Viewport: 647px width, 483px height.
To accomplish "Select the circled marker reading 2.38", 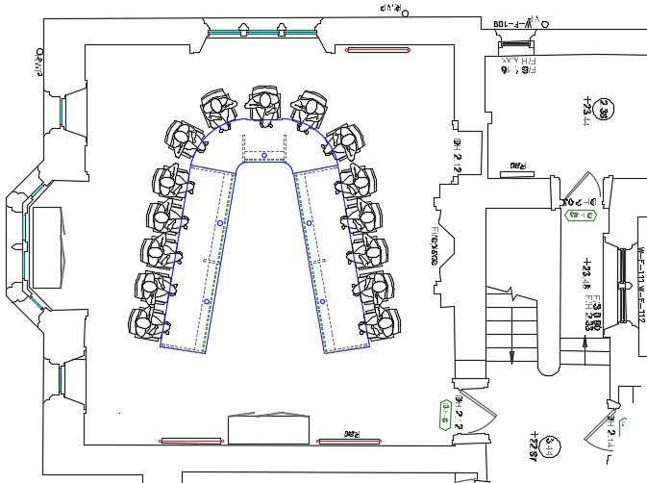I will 604,110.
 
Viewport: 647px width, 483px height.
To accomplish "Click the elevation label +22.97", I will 530,448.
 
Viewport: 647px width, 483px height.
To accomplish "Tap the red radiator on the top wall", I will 378,49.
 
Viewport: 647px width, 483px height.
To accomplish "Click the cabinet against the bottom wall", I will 267,429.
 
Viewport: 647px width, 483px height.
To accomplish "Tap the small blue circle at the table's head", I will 264,155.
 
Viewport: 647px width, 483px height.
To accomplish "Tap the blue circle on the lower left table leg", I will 207,302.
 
